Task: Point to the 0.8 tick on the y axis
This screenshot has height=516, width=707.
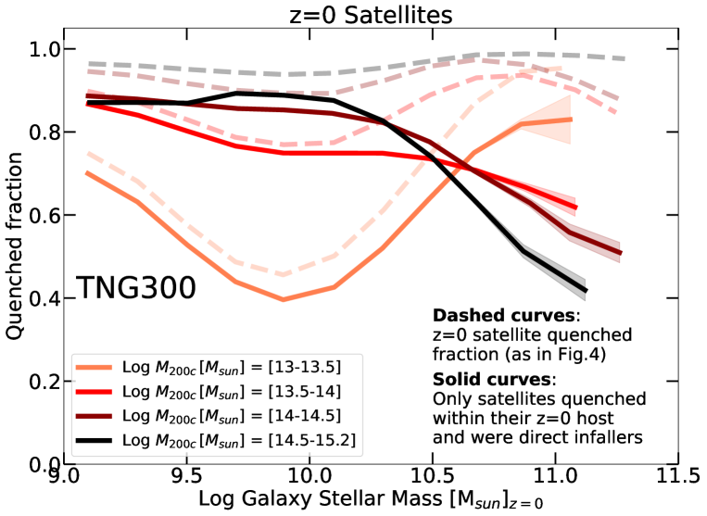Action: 38,132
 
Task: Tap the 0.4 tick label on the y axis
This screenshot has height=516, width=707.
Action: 38,298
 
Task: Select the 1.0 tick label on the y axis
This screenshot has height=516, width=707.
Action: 38,49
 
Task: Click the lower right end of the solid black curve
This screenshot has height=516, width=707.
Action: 587,292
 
